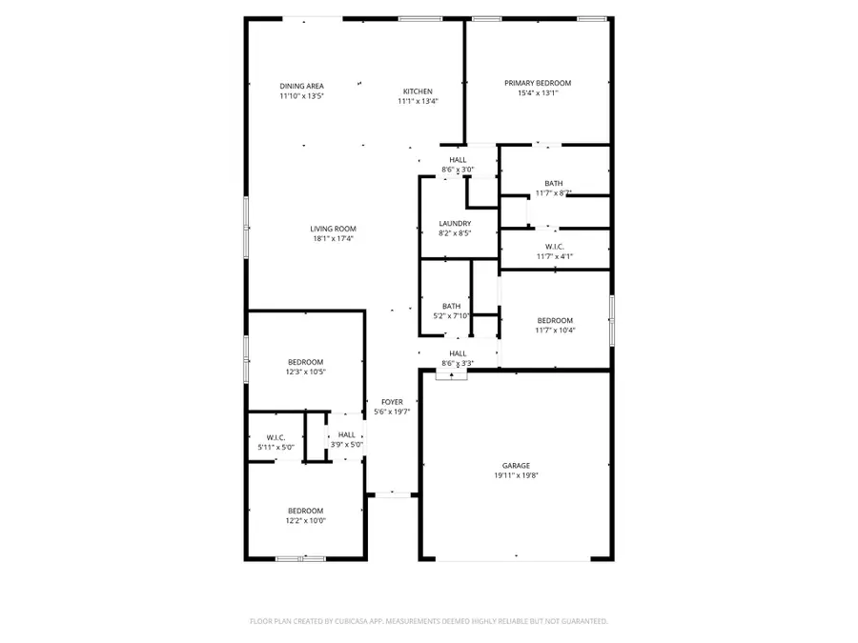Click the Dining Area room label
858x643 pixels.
click(301, 86)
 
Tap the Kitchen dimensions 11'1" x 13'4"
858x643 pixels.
click(418, 101)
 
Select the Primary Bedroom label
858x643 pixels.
click(538, 83)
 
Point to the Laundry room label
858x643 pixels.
click(455, 224)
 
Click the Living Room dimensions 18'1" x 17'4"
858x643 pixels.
click(333, 239)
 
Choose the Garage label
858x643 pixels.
click(517, 466)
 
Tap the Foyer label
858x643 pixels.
click(392, 402)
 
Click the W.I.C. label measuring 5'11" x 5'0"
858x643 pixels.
click(276, 437)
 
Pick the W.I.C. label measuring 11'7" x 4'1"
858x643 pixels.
click(554, 247)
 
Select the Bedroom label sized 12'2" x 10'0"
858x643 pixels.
click(306, 511)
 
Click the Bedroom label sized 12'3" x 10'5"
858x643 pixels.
click(306, 362)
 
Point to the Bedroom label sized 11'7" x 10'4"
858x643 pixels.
click(555, 320)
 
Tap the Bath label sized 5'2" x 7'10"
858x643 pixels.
click(451, 306)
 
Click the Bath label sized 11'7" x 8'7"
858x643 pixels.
click(554, 183)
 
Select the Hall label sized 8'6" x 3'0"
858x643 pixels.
click(458, 160)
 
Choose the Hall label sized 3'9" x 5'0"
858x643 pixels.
click(346, 434)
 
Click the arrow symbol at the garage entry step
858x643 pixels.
click(451, 375)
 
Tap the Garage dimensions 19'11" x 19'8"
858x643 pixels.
click(517, 476)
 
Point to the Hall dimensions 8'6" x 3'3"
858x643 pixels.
click(458, 364)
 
